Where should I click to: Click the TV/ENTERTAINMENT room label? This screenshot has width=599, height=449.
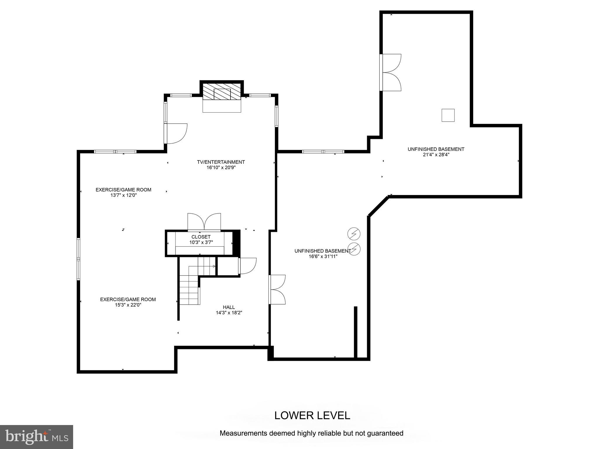click(221, 162)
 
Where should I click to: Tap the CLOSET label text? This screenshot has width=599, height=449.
click(201, 237)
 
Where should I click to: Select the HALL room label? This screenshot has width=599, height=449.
click(229, 307)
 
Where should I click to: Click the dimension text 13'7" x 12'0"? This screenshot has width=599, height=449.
click(123, 195)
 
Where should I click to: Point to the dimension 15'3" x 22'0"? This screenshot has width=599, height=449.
click(128, 305)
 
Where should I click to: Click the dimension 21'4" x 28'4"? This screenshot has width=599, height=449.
click(436, 155)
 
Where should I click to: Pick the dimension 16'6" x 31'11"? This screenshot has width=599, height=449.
click(323, 256)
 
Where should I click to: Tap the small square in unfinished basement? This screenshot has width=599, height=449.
click(448, 115)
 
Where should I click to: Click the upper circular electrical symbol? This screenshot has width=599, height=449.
click(354, 234)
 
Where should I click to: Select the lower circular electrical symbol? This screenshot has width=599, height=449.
click(354, 249)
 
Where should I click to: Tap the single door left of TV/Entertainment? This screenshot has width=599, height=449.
click(176, 134)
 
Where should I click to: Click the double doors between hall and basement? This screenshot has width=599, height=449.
click(277, 290)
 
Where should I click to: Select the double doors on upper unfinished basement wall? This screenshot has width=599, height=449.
click(391, 72)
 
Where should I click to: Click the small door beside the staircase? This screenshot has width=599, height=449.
click(247, 266)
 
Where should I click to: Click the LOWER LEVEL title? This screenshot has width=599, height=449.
click(312, 415)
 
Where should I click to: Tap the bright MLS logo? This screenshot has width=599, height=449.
click(37, 437)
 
